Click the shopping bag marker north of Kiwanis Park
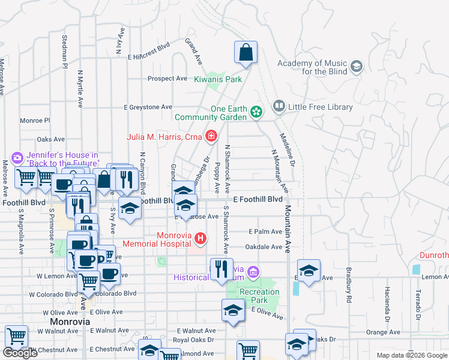(x=246, y=53)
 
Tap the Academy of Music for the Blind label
(x=312, y=67)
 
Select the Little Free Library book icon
(x=279, y=107)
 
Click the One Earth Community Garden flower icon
(x=256, y=111)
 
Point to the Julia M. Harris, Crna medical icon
(x=211, y=137)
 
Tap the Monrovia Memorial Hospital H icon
(x=201, y=239)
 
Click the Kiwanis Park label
(x=218, y=79)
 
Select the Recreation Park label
(x=260, y=296)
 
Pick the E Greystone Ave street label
(x=148, y=107)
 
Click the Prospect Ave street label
(x=167, y=79)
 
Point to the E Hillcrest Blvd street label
(x=148, y=50)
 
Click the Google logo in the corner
(x=20, y=353)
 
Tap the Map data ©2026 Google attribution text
(x=411, y=355)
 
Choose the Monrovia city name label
(x=70, y=322)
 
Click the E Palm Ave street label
(x=265, y=232)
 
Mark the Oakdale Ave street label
(x=264, y=247)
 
